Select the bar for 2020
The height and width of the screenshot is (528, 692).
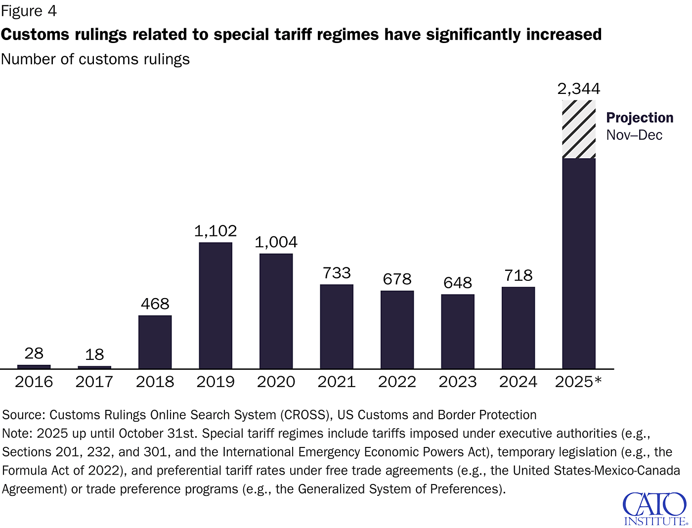pos(276,311)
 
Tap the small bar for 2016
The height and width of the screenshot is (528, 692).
pos(34,366)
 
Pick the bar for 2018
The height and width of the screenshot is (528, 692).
pos(155,342)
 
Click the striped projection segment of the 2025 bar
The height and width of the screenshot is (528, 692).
pos(579,129)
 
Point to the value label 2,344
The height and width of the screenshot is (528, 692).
pos(579,89)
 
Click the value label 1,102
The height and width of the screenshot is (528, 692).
pos(216,231)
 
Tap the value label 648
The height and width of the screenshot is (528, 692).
pos(458,283)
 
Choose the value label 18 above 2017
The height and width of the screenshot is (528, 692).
pos(94,354)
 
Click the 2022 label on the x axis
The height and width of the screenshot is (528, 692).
pos(397,382)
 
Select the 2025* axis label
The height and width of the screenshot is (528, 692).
pos(578,382)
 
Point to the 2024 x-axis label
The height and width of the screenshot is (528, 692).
pos(518,382)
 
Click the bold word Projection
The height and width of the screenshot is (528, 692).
pos(640,118)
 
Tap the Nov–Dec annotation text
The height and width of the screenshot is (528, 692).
pos(634,135)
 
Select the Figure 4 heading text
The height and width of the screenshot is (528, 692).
pos(29,11)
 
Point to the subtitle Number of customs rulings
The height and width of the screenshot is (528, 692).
pos(95,59)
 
